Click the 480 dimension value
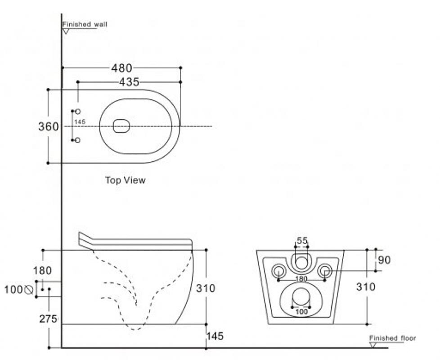[121, 68]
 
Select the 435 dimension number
[129, 82]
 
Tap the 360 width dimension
[49, 127]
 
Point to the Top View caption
[125, 180]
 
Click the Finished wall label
[85, 24]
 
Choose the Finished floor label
[392, 338]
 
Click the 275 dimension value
[48, 319]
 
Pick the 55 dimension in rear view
[302, 240]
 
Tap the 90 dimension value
[384, 260]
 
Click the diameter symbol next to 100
[29, 289]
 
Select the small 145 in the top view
[80, 122]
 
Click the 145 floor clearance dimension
[215, 336]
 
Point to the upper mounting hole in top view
[78, 112]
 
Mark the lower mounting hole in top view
[78, 140]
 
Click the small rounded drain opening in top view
[121, 126]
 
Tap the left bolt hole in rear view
[278, 271]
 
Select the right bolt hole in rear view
[325, 271]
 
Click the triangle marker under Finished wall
[66, 31]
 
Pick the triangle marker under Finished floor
[373, 345]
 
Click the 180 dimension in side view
[42, 271]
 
